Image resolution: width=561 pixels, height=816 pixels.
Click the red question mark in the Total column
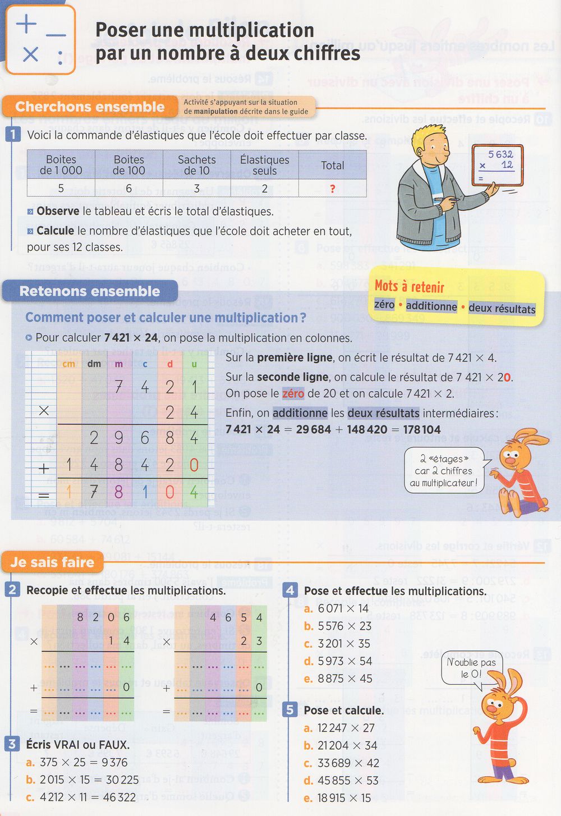click(333, 189)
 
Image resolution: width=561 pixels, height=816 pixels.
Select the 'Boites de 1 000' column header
click(61, 165)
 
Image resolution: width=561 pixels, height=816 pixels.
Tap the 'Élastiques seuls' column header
click(265, 165)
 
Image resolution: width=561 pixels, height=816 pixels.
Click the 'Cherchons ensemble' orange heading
click(90, 107)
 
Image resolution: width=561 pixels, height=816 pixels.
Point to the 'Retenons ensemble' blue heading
click(90, 291)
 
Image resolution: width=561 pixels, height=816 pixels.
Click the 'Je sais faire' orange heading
click(52, 562)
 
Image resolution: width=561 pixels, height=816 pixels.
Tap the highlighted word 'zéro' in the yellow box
click(384, 305)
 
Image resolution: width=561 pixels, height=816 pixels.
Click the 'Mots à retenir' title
click(410, 287)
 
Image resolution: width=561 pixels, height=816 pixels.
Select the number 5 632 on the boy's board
click(500, 154)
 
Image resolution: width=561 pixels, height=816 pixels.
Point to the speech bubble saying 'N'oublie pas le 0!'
click(471, 667)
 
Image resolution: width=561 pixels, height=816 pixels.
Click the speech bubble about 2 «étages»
click(444, 471)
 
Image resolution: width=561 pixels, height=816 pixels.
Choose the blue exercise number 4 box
click(290, 590)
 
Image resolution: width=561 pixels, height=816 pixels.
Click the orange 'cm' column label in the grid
click(69, 364)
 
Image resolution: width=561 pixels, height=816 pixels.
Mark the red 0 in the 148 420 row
click(194, 465)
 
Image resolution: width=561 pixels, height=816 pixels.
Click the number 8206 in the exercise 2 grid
click(103, 617)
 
